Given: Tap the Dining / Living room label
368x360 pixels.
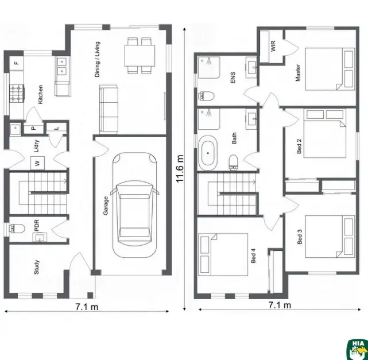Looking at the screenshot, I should point(97,59).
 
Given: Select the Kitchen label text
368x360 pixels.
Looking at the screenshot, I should point(40,94).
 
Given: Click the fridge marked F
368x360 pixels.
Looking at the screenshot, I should point(16,61).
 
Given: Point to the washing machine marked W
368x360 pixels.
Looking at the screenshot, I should point(38,163).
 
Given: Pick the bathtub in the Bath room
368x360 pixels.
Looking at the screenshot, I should point(208,154).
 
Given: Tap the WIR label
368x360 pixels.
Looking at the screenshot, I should point(273,46).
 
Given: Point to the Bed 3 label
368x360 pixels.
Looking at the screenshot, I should point(300,238).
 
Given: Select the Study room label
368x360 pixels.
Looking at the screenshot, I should point(37,268).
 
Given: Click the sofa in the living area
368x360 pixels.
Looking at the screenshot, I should point(109,108).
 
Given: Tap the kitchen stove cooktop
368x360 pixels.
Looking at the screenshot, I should point(16,92).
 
